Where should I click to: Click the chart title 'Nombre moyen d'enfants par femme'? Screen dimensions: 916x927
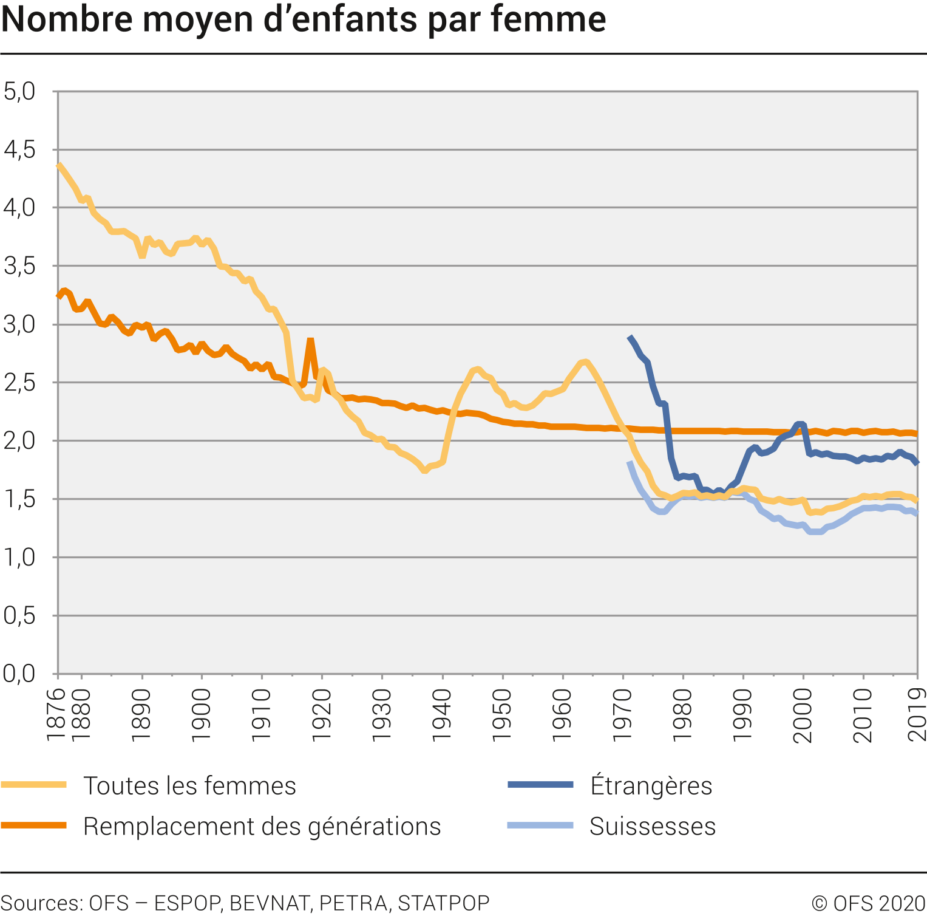coord(304,19)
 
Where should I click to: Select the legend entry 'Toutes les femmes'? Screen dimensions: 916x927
coord(189,785)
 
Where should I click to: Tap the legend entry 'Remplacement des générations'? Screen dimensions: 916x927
coord(262,826)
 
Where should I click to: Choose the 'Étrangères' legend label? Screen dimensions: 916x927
coord(651,785)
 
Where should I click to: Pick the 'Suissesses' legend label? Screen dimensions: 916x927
coord(653,826)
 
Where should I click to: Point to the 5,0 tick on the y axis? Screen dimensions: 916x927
coord(19,91)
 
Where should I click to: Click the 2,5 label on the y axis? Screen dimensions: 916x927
coord(19,383)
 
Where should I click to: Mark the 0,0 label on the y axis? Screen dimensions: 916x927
coord(19,674)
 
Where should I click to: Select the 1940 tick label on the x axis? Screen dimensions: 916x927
coord(442,715)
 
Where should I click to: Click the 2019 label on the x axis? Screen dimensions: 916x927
coord(917,715)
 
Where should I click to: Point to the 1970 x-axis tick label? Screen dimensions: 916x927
coord(623,715)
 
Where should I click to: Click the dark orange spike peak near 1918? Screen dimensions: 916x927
coord(310,340)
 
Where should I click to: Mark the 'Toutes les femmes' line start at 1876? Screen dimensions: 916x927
coord(59,165)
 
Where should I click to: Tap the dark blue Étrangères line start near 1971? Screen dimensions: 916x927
coord(630,337)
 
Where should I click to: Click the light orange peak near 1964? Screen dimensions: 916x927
coord(585,362)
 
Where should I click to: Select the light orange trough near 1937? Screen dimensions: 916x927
coord(424,470)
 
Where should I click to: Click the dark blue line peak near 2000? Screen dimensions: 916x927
coord(801,424)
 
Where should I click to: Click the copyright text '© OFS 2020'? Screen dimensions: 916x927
coord(869,903)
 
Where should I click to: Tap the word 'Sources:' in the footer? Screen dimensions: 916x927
coord(42,903)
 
